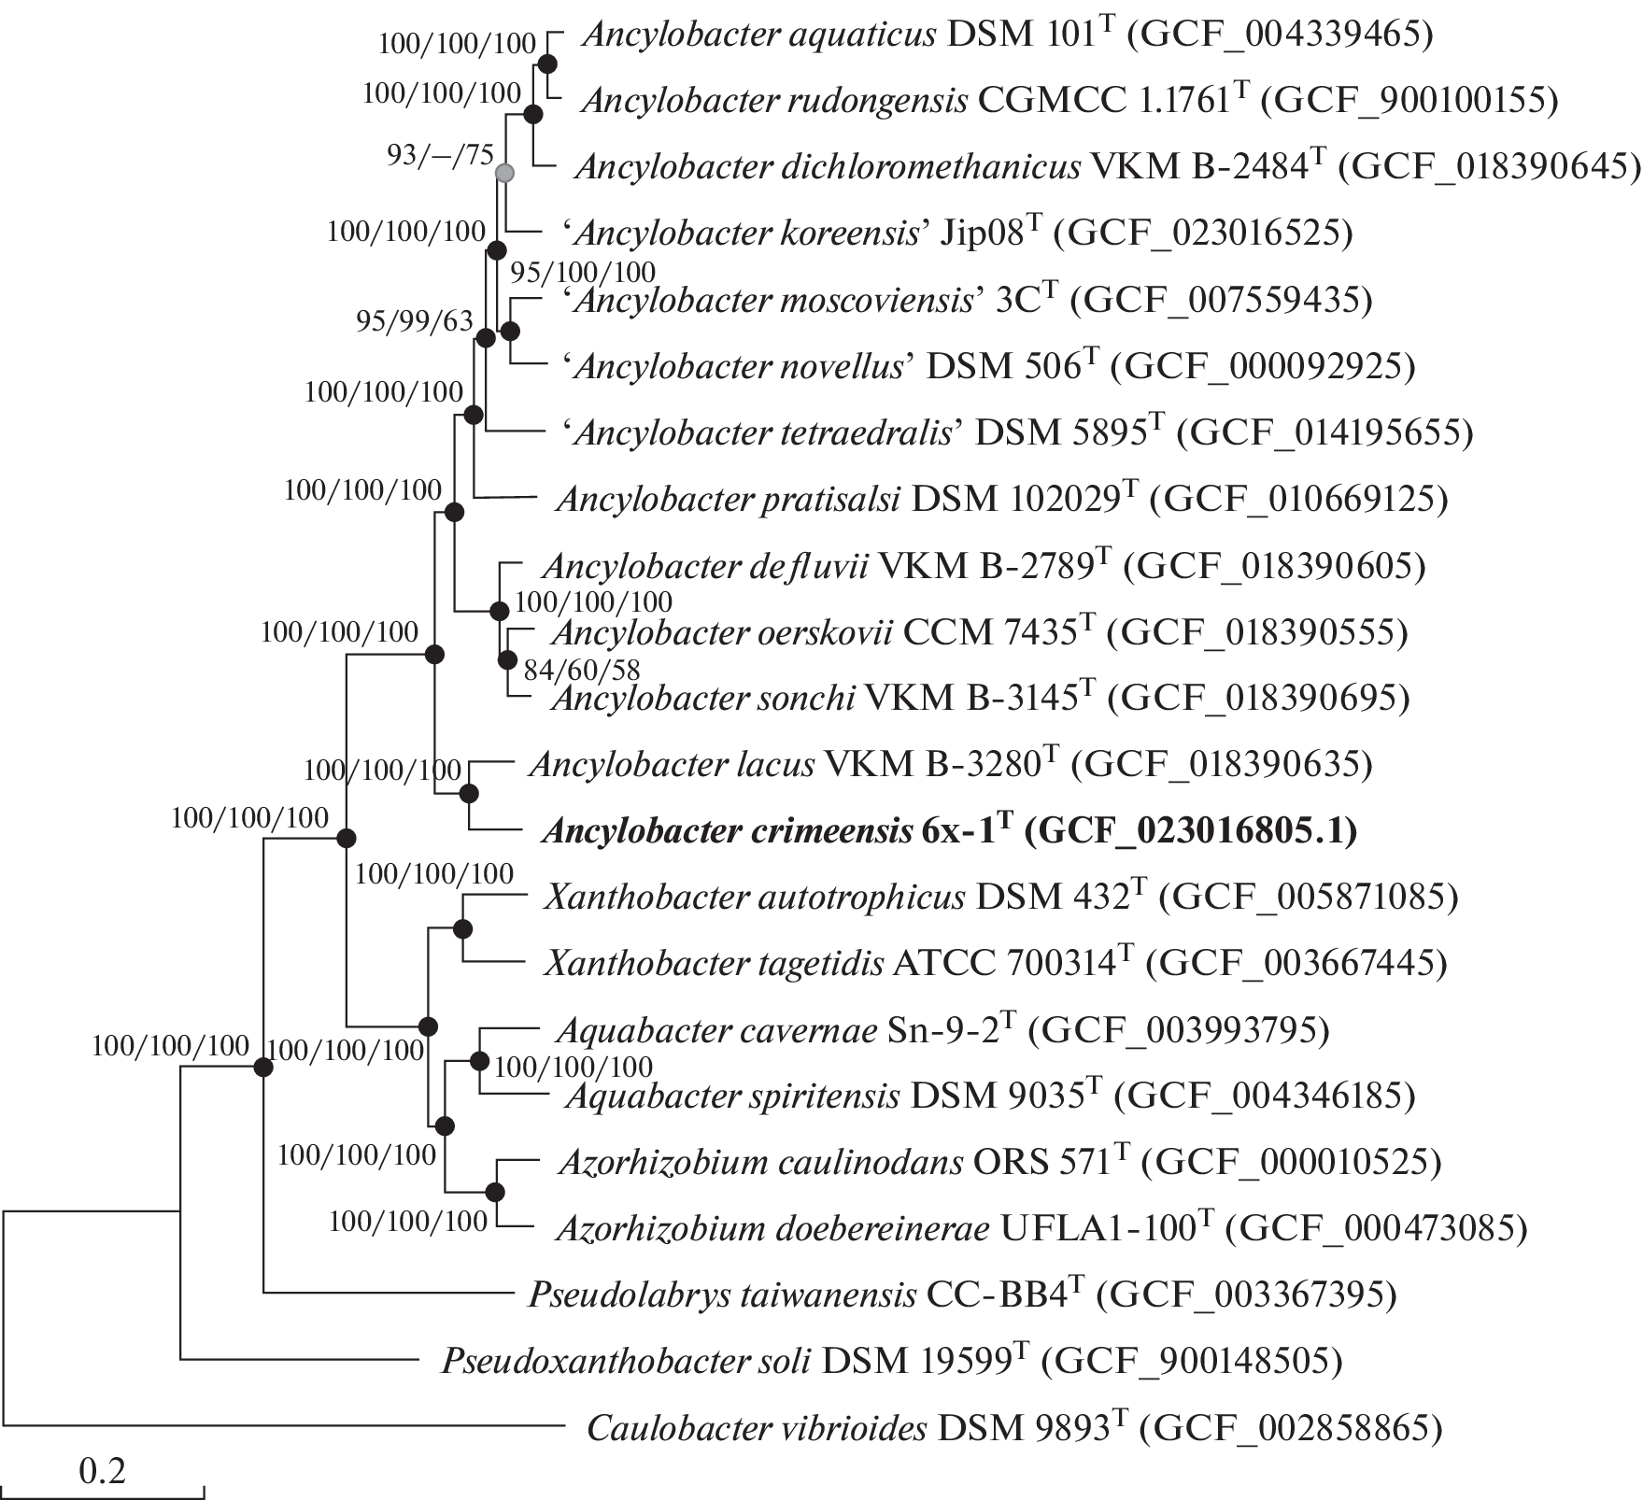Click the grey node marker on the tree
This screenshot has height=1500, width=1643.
point(504,173)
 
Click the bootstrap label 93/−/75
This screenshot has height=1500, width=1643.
point(440,155)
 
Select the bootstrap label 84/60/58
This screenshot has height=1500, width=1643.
point(581,670)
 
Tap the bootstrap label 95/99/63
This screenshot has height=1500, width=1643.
point(415,321)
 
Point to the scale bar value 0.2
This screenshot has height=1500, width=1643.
point(103,1472)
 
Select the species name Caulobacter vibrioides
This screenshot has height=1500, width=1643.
point(757,1428)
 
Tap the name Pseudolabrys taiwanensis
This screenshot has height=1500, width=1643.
point(722,1295)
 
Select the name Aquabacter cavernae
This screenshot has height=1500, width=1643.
point(715,1030)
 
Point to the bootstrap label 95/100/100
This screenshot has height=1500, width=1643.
point(583,272)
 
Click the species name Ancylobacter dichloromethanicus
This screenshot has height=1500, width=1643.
point(828,167)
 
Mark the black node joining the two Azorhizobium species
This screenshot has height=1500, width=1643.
point(495,1192)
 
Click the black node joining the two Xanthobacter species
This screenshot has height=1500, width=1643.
point(461,928)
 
